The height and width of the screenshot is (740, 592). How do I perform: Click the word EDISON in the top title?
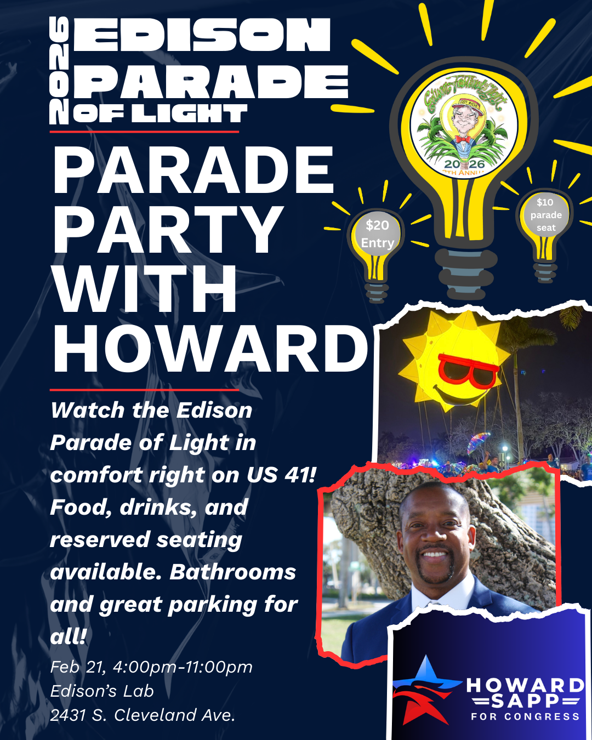click(x=202, y=36)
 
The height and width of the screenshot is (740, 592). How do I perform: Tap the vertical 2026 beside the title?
click(x=59, y=70)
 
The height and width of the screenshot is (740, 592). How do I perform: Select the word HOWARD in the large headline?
click(x=210, y=349)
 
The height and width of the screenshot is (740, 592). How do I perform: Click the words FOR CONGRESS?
click(x=525, y=716)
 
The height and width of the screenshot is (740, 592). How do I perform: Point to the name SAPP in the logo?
click(x=525, y=701)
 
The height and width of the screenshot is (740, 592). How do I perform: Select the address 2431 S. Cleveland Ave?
click(x=143, y=715)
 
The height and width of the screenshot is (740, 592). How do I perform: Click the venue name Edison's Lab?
click(x=102, y=691)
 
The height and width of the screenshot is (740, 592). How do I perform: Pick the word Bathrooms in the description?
click(x=233, y=572)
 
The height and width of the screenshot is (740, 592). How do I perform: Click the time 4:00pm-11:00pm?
click(x=183, y=667)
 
